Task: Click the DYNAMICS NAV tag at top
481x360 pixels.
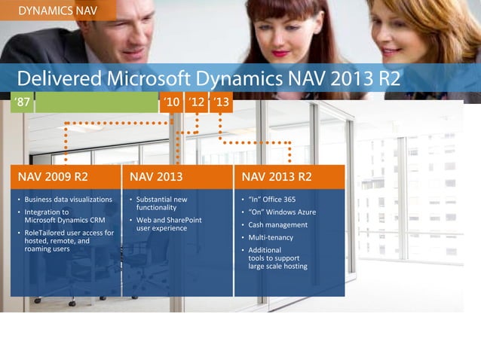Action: coord(57,11)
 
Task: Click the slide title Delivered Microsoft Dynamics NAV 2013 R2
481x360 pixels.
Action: coord(208,78)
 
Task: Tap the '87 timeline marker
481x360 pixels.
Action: coord(22,102)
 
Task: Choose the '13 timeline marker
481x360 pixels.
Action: coord(221,102)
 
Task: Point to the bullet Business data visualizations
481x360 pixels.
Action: coord(68,200)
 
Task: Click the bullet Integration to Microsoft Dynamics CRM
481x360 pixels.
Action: coord(65,216)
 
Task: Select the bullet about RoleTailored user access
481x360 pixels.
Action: coord(69,241)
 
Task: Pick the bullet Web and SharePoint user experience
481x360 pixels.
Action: coord(169,224)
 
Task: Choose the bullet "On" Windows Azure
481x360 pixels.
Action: coord(282,212)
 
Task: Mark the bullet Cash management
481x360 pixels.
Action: coord(277,224)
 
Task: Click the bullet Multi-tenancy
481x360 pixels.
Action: coord(271,237)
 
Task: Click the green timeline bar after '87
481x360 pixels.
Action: coord(96,102)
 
